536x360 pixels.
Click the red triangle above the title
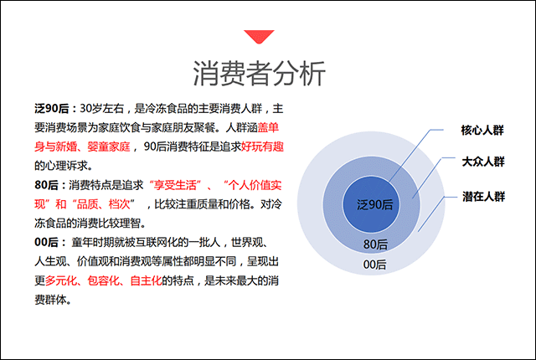(259, 36)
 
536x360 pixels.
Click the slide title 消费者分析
(259, 74)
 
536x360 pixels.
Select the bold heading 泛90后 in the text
(52, 109)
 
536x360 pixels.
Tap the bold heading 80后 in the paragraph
(46, 185)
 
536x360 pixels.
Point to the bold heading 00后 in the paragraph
(46, 242)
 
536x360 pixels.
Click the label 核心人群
(482, 130)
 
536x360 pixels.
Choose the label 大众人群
(483, 162)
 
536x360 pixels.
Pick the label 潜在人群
(484, 197)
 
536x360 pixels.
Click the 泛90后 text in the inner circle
(374, 204)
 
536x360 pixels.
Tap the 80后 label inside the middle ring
(375, 244)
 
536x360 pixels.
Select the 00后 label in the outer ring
(374, 265)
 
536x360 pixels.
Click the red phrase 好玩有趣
(262, 147)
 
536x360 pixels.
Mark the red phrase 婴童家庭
(109, 147)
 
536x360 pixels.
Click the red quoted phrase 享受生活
(175, 185)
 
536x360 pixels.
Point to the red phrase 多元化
(61, 280)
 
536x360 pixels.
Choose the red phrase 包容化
(103, 280)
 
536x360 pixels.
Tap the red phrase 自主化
(146, 280)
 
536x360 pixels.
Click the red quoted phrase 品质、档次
(104, 204)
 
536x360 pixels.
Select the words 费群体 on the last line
(50, 300)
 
